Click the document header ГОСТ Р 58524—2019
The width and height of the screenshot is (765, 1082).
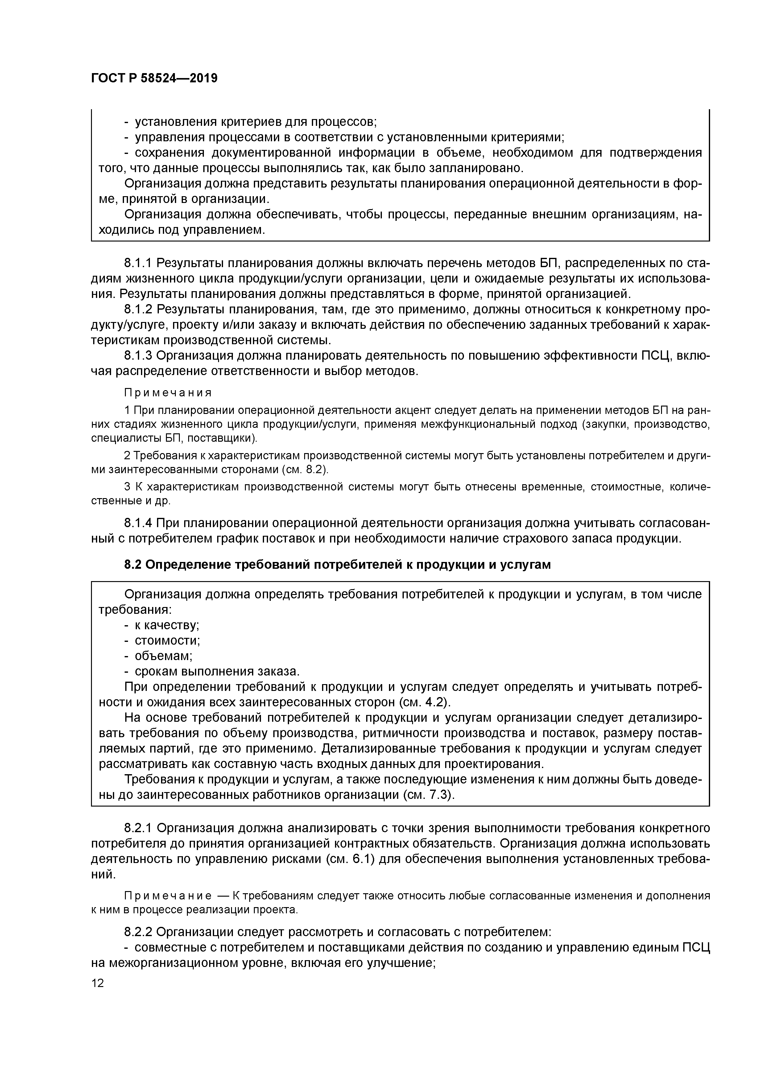tap(154, 78)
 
